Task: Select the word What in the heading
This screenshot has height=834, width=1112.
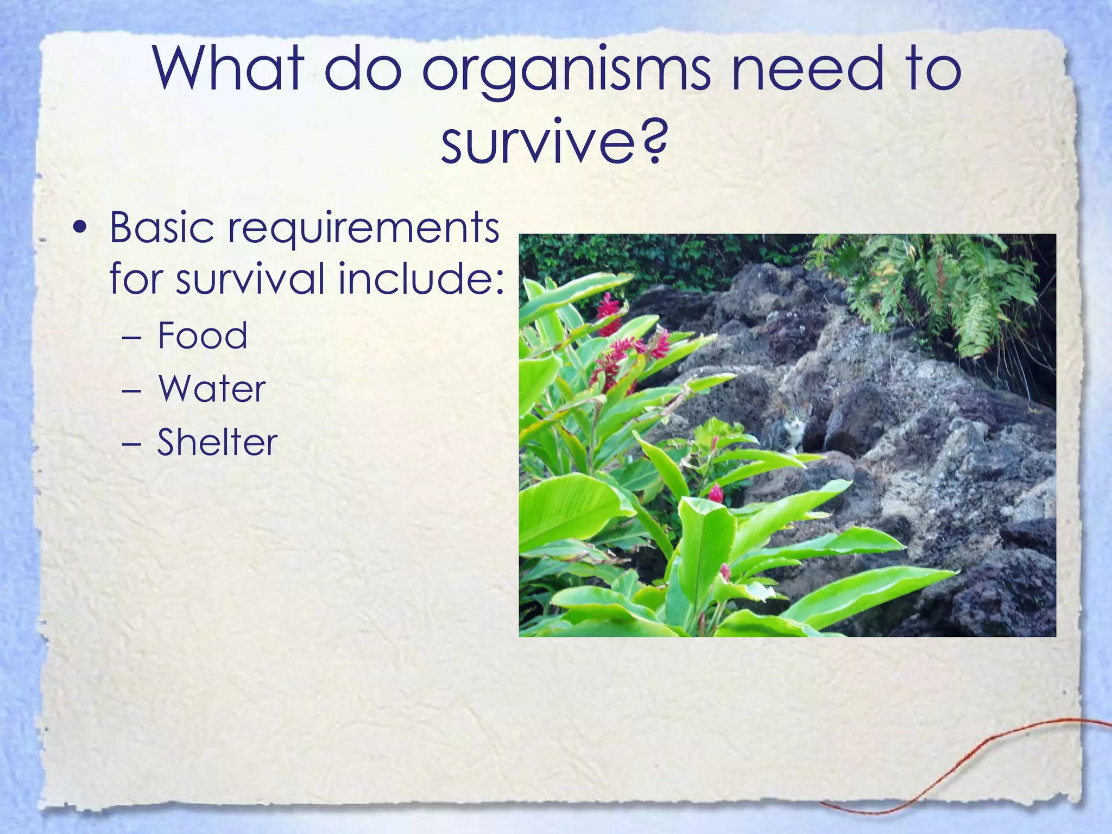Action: (228, 68)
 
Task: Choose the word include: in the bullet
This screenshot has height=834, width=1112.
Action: (421, 278)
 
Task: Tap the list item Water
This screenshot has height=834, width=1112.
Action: (212, 389)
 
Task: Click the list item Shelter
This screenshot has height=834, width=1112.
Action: (217, 442)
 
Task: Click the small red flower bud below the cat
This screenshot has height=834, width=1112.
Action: (716, 492)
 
